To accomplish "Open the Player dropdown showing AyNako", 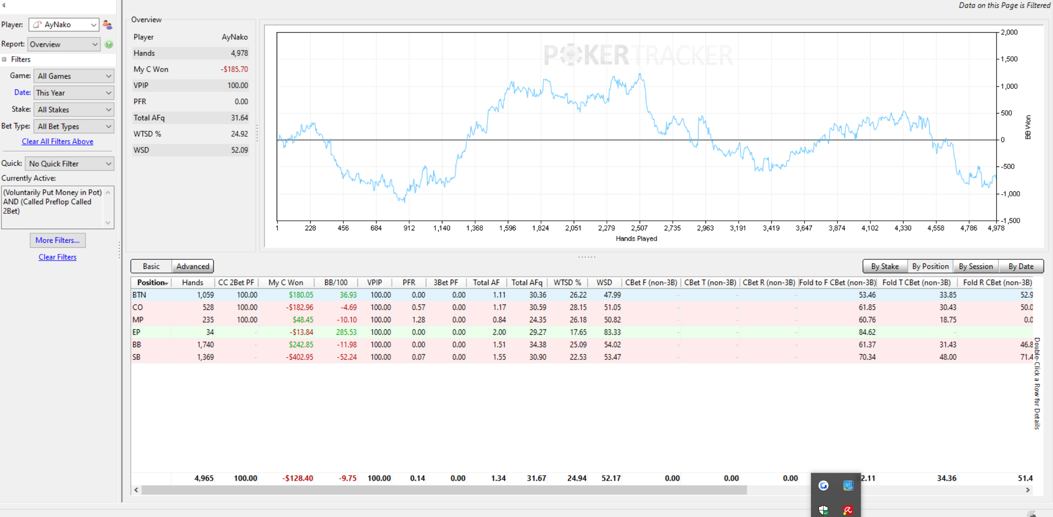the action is point(64,25).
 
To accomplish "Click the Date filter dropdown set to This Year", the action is point(74,93).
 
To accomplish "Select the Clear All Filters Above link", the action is point(58,141).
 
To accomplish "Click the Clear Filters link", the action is point(58,257).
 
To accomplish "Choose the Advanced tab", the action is point(193,266).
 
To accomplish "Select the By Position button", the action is point(930,266).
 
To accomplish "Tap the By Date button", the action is point(1021,266).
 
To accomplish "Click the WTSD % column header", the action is point(567,283).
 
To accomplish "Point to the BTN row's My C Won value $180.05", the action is point(301,295).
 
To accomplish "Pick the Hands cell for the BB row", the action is point(205,345).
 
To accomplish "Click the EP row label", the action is point(136,332).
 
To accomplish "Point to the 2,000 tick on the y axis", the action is point(1009,32).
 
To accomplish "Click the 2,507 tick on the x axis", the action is point(639,228).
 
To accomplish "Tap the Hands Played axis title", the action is point(636,239).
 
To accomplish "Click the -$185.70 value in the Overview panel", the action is point(234,69).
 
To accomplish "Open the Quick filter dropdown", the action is point(70,164).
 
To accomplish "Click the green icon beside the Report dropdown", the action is point(109,44).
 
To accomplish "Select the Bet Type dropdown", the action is point(74,126).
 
